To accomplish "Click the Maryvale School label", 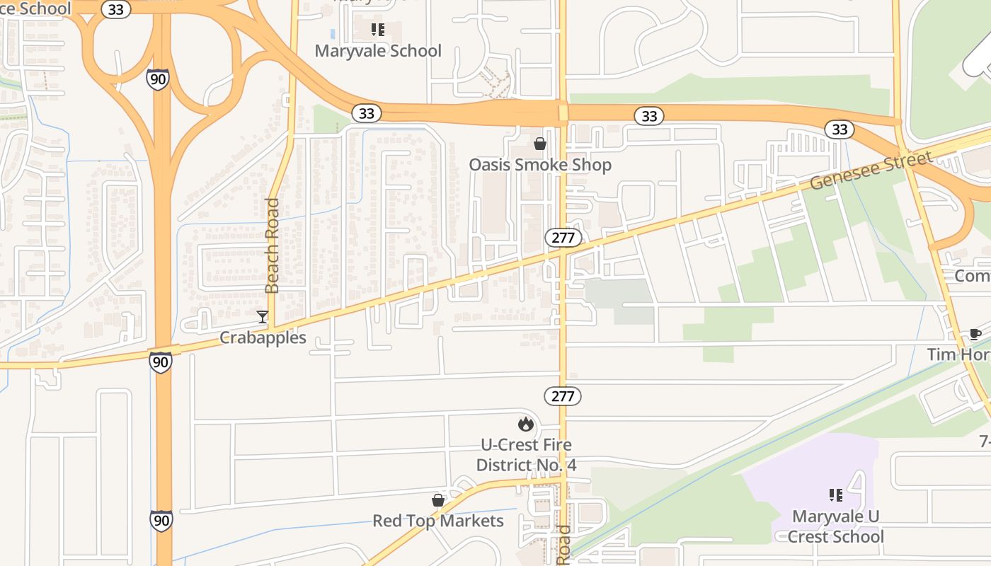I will pyautogui.click(x=378, y=51).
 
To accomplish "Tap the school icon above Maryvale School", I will pyautogui.click(x=378, y=30).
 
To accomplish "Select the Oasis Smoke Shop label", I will pyautogui.click(x=540, y=165).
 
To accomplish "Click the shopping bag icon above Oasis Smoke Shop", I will pyautogui.click(x=540, y=144).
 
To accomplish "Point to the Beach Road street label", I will pyautogui.click(x=273, y=246).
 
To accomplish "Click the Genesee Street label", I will pyautogui.click(x=871, y=171).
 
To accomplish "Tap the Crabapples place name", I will pyautogui.click(x=263, y=337).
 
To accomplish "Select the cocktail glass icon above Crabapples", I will pyautogui.click(x=263, y=316).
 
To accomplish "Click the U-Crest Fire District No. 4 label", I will pyautogui.click(x=526, y=455).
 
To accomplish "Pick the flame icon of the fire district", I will pyautogui.click(x=526, y=424).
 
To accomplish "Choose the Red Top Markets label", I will pyautogui.click(x=438, y=521).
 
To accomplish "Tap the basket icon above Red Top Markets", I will pyautogui.click(x=438, y=500).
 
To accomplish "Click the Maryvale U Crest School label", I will pyautogui.click(x=836, y=526).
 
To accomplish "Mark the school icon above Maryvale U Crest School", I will pyautogui.click(x=836, y=495).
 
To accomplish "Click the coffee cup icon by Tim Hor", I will pyautogui.click(x=975, y=334).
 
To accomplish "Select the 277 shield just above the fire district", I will pyautogui.click(x=563, y=396).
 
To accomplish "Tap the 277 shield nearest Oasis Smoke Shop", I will pyautogui.click(x=563, y=238).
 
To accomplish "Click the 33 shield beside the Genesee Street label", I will pyautogui.click(x=840, y=129).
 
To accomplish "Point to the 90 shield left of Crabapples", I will pyautogui.click(x=160, y=363).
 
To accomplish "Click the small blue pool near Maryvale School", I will pyautogui.click(x=333, y=33).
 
